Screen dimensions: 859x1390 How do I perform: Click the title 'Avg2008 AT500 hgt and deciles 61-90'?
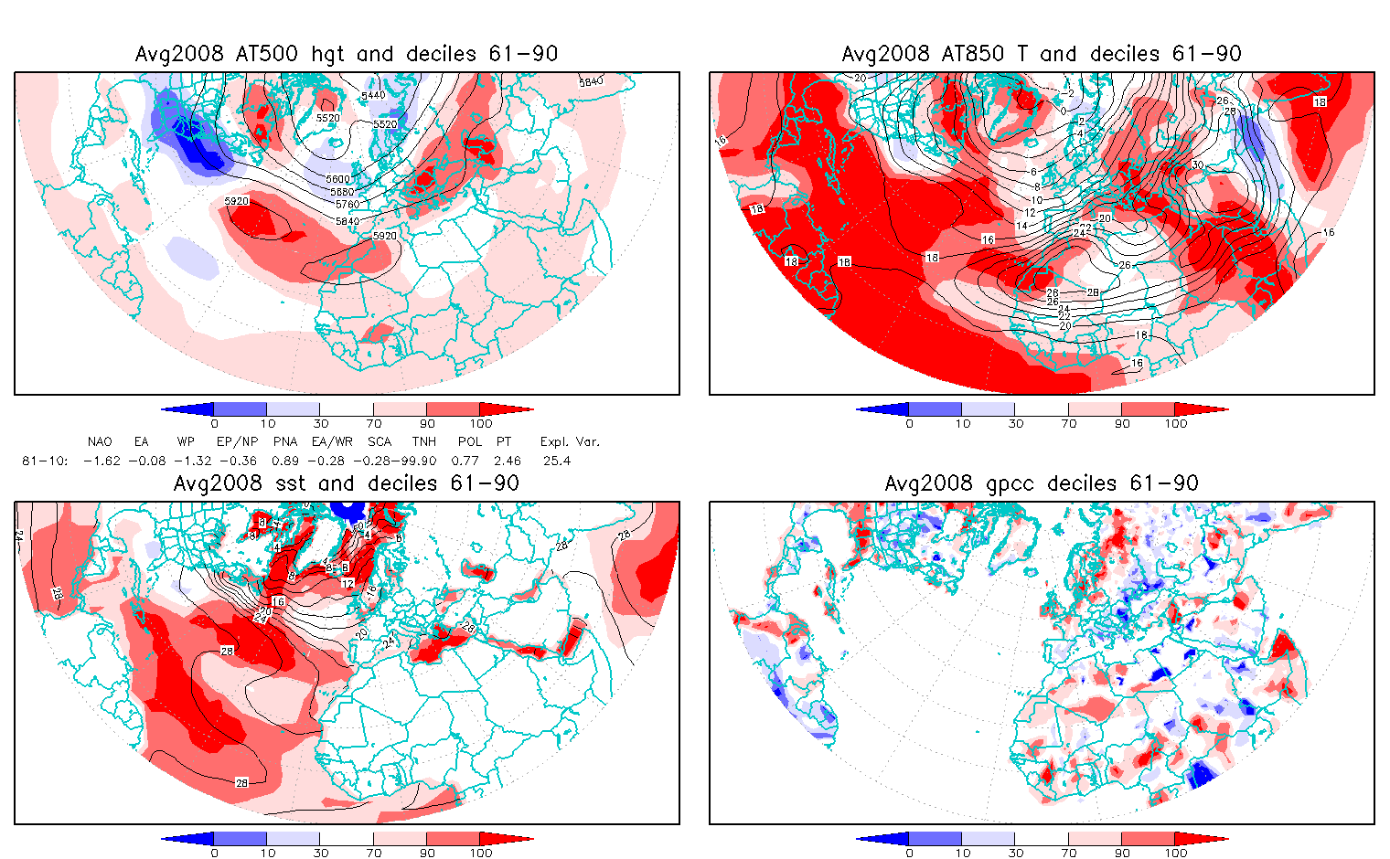[x=346, y=54]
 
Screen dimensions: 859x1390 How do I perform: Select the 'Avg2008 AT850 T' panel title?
[x=1042, y=54]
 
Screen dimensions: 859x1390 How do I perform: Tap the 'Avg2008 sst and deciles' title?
[x=346, y=483]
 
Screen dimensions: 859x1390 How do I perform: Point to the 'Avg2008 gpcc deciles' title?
[x=1042, y=483]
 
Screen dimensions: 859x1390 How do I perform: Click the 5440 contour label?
[x=373, y=95]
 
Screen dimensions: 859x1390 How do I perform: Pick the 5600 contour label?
[x=338, y=179]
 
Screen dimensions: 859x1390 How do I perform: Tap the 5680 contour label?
[x=342, y=192]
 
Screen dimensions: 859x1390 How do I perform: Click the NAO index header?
[x=100, y=442]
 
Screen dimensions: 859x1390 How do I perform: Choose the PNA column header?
[x=285, y=442]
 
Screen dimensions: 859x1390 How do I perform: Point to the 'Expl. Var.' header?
[x=570, y=442]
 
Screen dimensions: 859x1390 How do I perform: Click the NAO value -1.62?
[x=102, y=461]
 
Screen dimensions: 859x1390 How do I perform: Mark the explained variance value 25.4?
[x=556, y=461]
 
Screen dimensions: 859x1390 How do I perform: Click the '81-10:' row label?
[x=44, y=461]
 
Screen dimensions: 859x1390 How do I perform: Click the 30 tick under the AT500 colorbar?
[x=320, y=424]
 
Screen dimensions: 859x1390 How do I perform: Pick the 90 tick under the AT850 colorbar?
[x=1122, y=424]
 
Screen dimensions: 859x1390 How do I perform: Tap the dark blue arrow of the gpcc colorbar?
[x=881, y=839]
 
